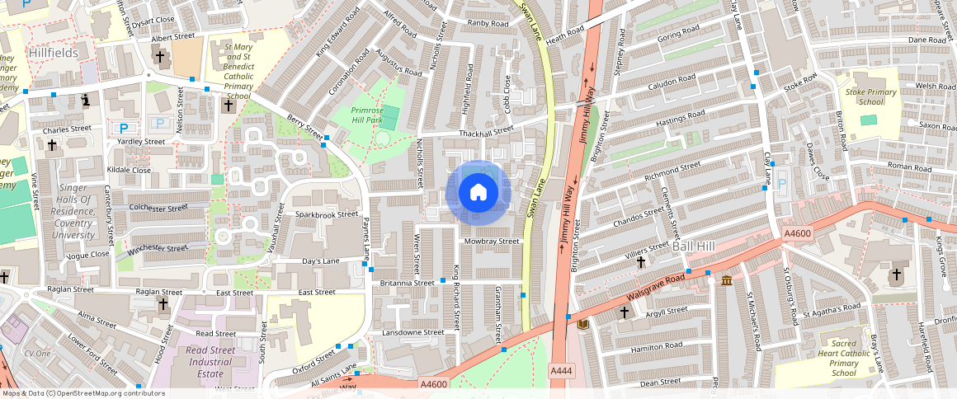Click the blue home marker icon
pyautogui.click(x=478, y=193)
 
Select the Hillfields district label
pyautogui.click(x=52, y=53)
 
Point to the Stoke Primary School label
pyautogui.click(x=871, y=96)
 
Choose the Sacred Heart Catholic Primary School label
pyautogui.click(x=844, y=357)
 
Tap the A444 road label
pyautogui.click(x=561, y=373)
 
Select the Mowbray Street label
pyautogui.click(x=492, y=242)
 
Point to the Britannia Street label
pyautogui.click(x=407, y=283)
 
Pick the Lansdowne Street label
pyautogui.click(x=413, y=332)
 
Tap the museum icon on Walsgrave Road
pyautogui.click(x=726, y=281)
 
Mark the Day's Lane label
pyautogui.click(x=321, y=261)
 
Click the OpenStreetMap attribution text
pyautogui.click(x=82, y=393)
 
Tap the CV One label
pyautogui.click(x=37, y=353)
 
